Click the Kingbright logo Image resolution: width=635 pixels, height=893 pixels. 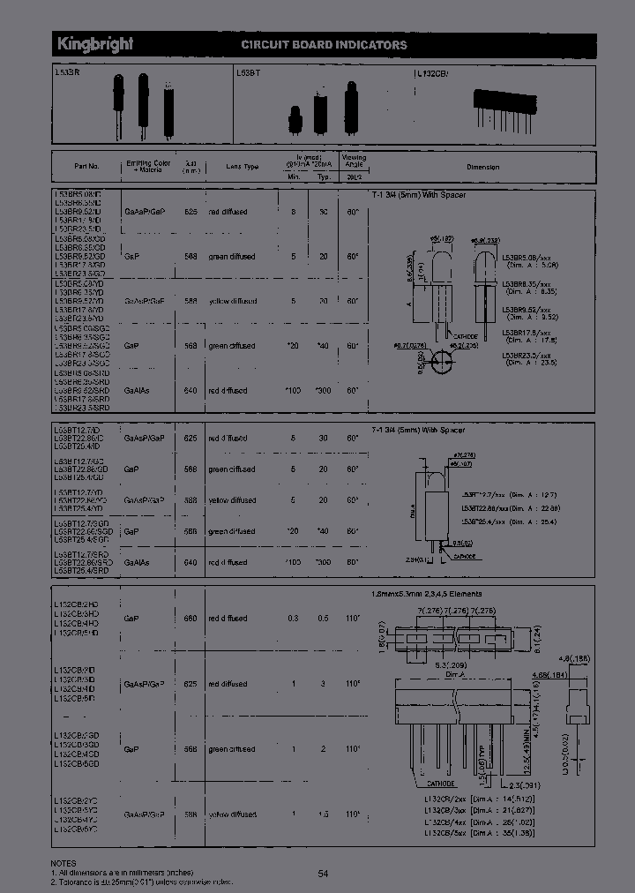[95, 44]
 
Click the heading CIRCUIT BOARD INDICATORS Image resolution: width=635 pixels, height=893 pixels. [324, 45]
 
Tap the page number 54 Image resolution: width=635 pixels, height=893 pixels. [323, 873]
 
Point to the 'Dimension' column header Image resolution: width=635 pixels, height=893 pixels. [482, 167]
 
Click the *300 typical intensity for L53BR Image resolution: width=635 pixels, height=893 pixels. [324, 389]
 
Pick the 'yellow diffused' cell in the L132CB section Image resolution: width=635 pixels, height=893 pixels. [233, 814]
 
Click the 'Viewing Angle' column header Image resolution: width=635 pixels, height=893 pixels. [353, 161]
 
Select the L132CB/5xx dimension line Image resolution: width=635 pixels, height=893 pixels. [479, 832]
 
